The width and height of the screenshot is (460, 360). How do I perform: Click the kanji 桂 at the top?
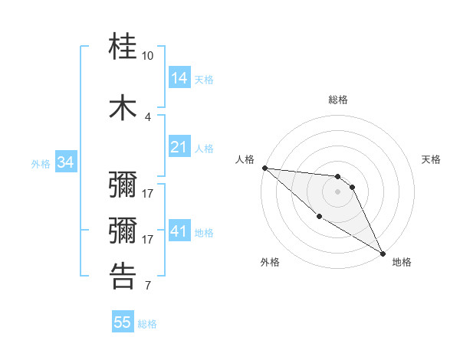pyautogui.click(x=123, y=47)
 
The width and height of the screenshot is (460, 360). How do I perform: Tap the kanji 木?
pyautogui.click(x=123, y=108)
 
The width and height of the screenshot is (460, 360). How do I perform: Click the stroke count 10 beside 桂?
pyautogui.click(x=147, y=56)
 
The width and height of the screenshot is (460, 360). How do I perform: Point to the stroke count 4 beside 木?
pyautogui.click(x=147, y=116)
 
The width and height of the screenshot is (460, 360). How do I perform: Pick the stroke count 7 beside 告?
pyautogui.click(x=147, y=286)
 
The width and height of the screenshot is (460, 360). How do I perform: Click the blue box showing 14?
pyautogui.click(x=179, y=78)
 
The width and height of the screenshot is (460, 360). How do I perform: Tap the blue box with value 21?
pyautogui.click(x=179, y=147)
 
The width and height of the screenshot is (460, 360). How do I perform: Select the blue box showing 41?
pyautogui.click(x=179, y=231)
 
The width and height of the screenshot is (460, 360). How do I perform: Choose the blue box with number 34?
pyautogui.click(x=65, y=162)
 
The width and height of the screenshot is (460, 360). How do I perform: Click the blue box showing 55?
pyautogui.click(x=122, y=322)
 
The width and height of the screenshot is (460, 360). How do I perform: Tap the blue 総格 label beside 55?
pyautogui.click(x=147, y=324)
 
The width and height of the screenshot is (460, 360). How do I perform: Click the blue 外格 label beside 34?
pyautogui.click(x=41, y=163)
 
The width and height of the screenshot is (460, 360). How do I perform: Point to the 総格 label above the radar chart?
pyautogui.click(x=338, y=100)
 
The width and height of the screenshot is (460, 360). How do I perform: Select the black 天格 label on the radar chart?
pyautogui.click(x=432, y=159)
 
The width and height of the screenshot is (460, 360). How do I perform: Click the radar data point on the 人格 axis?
pyautogui.click(x=264, y=168)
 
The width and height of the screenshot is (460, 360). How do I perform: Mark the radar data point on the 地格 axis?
pyautogui.click(x=383, y=254)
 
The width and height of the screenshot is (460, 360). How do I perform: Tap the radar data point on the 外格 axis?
pyautogui.click(x=319, y=217)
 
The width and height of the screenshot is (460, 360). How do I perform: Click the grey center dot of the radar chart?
pyautogui.click(x=338, y=191)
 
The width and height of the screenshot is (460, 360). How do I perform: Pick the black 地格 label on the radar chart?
pyautogui.click(x=402, y=262)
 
